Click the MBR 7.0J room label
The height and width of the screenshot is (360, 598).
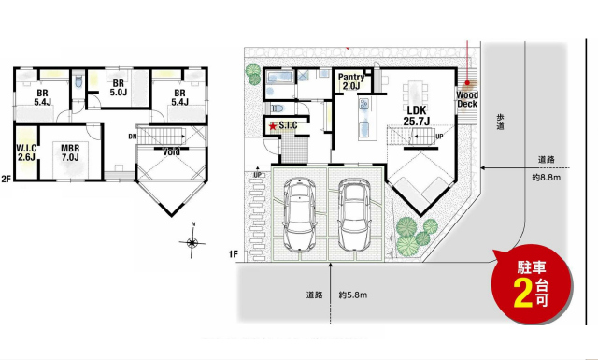click(x=70, y=152)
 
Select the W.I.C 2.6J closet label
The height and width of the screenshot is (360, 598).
click(x=26, y=152)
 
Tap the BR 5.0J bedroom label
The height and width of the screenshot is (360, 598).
click(x=119, y=87)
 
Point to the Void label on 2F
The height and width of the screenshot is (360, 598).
click(x=171, y=152)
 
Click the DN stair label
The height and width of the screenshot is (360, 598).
click(x=133, y=137)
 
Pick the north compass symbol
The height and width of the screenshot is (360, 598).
click(x=192, y=240)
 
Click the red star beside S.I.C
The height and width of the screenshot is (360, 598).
click(x=273, y=126)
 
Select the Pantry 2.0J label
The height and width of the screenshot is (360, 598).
click(x=351, y=81)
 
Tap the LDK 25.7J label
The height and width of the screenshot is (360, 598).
click(x=417, y=115)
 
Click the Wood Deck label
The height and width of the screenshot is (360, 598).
click(x=467, y=99)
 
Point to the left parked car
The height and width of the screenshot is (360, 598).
click(x=300, y=214)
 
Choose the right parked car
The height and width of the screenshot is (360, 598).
click(x=355, y=215)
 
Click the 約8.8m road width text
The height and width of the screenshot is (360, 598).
click(x=546, y=177)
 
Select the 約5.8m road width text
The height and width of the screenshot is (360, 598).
click(x=353, y=295)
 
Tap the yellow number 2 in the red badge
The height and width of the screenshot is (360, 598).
click(x=523, y=294)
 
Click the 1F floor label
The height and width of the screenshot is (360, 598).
click(x=234, y=254)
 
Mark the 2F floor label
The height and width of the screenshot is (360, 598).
click(x=7, y=179)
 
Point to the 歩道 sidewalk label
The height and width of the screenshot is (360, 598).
click(x=501, y=122)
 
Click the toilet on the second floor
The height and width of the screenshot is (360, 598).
click(x=78, y=81)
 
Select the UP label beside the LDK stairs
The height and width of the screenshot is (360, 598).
click(x=439, y=137)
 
